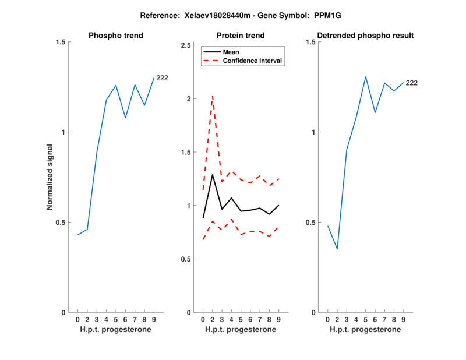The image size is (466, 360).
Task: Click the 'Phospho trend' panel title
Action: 116,36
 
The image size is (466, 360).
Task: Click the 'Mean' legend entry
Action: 231,52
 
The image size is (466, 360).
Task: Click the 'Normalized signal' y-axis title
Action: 50,178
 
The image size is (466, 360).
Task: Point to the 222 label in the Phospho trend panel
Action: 162,77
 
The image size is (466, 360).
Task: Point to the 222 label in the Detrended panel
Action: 411,83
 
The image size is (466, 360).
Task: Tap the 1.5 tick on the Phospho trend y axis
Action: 61,42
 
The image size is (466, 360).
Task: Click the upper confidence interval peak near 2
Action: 213,95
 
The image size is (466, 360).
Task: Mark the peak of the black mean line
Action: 213,175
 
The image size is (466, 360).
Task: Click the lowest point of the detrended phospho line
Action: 337,249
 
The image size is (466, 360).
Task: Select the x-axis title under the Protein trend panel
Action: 241,330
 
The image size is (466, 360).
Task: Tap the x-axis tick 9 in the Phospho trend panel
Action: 154,320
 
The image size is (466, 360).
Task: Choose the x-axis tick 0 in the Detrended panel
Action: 327,320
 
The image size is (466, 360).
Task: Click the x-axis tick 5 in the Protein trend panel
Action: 241,320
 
